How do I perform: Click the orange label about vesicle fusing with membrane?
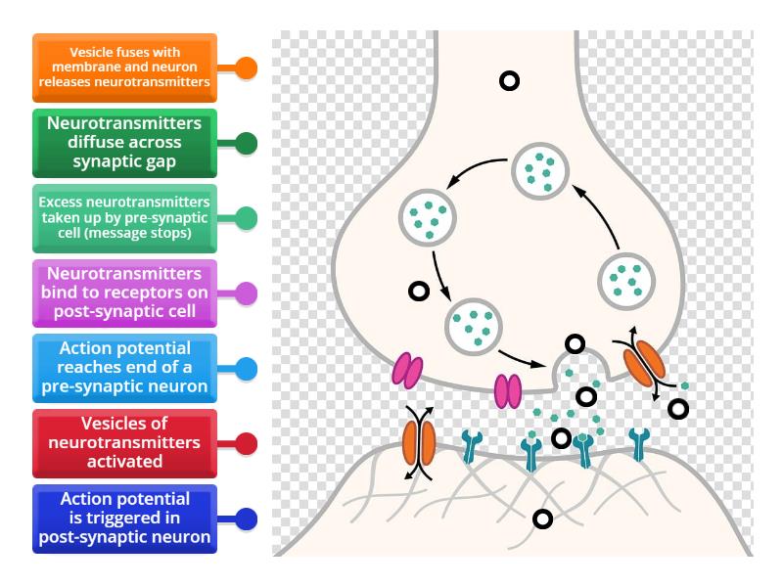coord(125,68)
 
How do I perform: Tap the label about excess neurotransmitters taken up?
coord(125,217)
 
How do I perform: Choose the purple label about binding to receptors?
coord(125,293)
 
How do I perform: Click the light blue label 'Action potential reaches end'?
coord(125,368)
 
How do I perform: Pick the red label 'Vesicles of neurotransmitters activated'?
coord(125,442)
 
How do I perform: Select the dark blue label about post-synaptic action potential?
coord(125,518)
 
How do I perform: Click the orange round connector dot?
coord(247,68)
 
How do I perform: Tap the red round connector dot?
coord(247,442)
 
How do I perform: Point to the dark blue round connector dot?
coord(247,518)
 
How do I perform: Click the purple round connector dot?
coord(247,293)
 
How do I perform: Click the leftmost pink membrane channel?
coord(408,370)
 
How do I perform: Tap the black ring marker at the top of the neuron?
coord(509,80)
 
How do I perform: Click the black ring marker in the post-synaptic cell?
coord(539,519)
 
